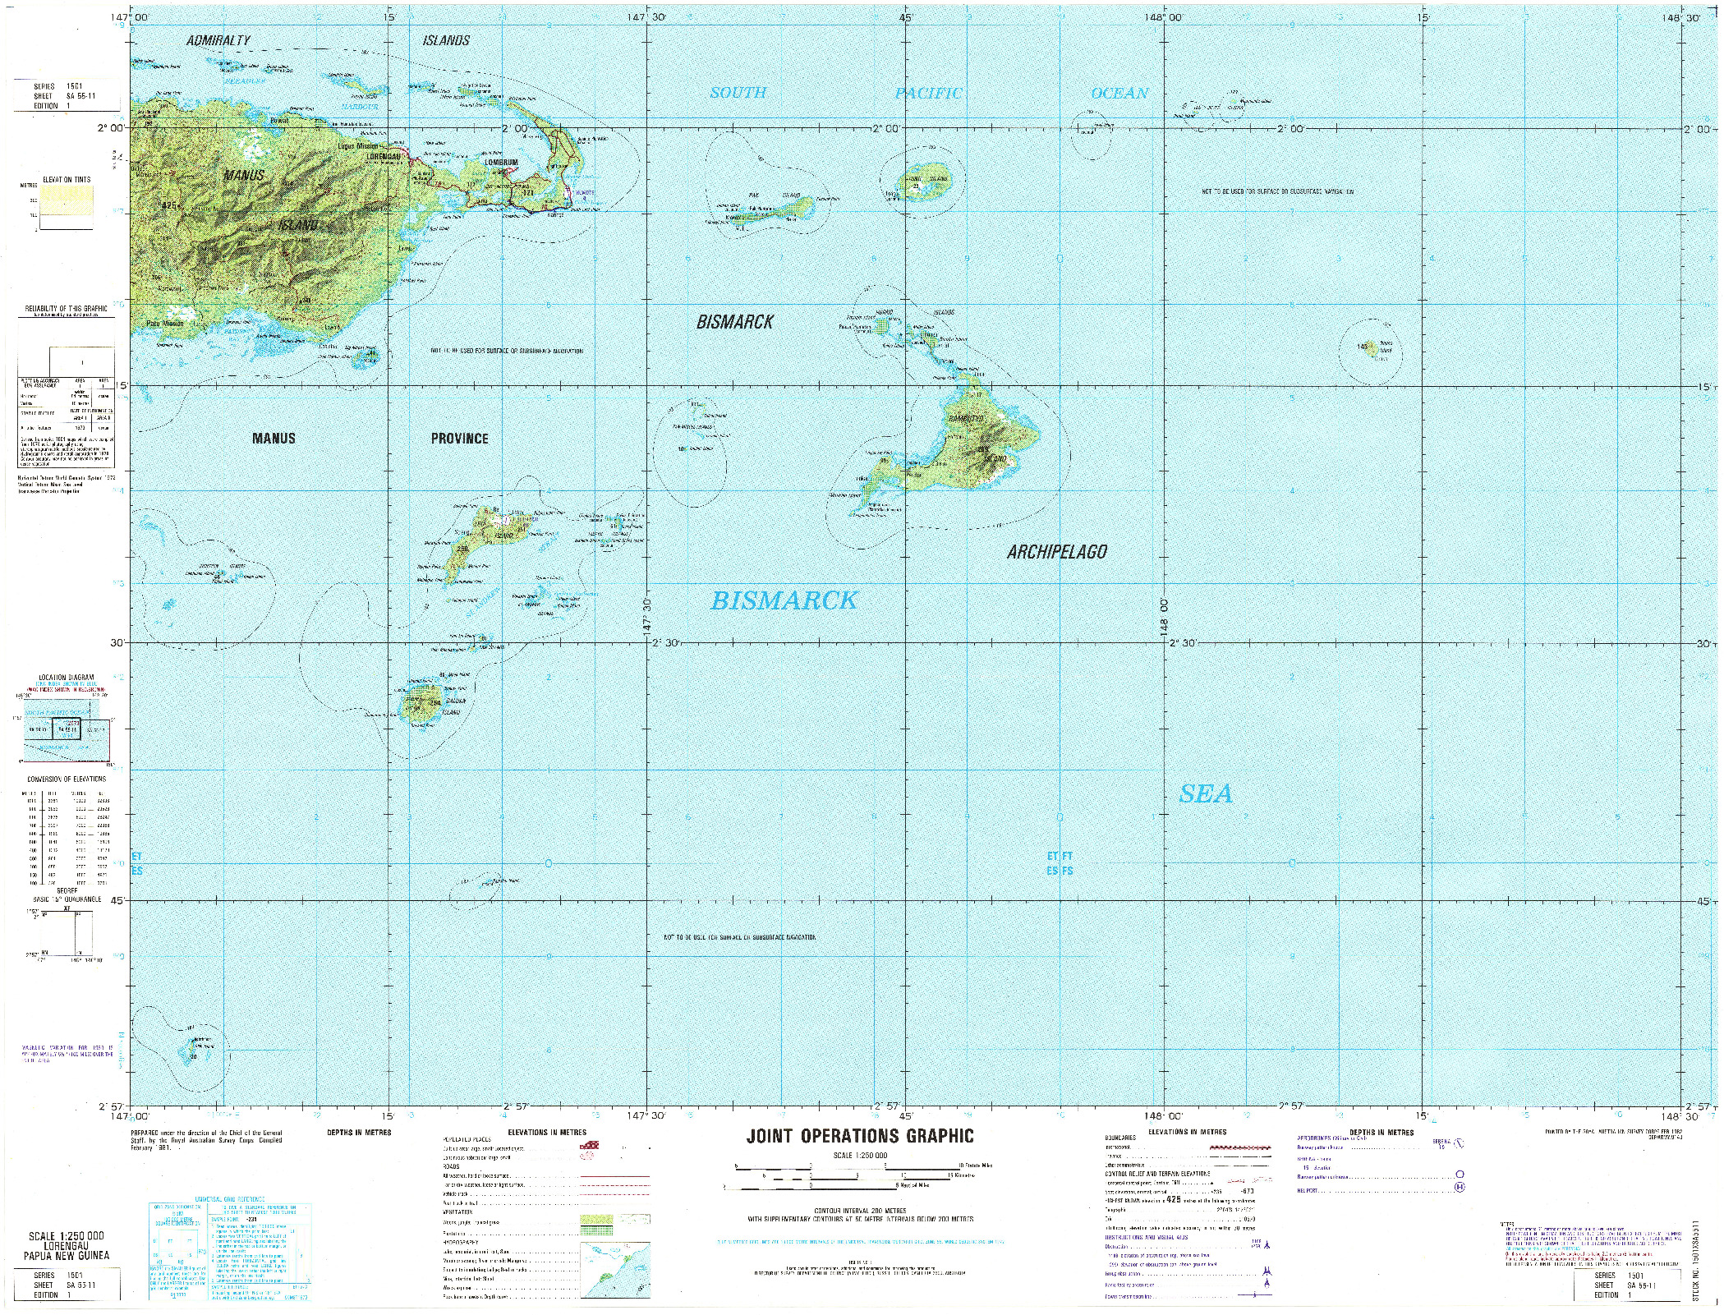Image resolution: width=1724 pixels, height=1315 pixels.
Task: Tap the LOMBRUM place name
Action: pos(501,163)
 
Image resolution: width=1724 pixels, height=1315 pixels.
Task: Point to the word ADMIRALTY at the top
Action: pos(218,40)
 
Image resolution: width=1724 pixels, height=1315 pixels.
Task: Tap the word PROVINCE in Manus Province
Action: pos(459,439)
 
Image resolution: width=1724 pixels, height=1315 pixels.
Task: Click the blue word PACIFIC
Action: pos(928,94)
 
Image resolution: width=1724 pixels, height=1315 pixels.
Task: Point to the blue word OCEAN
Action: pos(1119,94)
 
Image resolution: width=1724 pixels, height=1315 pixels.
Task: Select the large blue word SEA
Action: pos(1206,793)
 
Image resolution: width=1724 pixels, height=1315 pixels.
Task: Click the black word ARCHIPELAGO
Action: pos(1057,552)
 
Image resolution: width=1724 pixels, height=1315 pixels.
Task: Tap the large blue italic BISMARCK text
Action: pos(784,601)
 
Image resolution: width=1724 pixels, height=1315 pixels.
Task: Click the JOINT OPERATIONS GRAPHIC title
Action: pos(860,1136)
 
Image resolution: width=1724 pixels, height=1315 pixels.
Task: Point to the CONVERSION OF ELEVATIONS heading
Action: pos(67,779)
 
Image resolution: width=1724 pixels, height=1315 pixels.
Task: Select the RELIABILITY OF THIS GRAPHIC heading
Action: pos(66,308)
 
